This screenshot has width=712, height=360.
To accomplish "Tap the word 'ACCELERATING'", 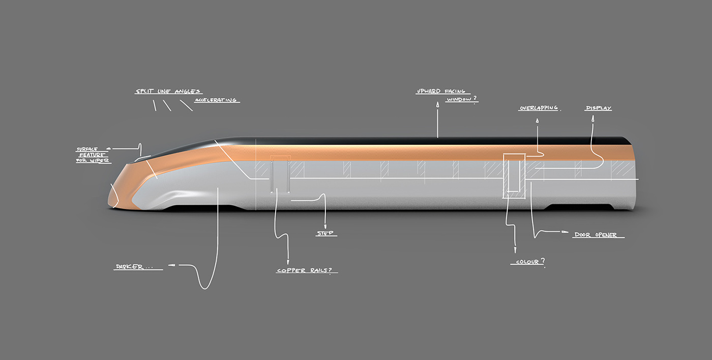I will (216, 100).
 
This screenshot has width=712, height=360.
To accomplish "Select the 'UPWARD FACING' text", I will (440, 92).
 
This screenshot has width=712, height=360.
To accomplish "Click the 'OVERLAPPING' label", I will (539, 108).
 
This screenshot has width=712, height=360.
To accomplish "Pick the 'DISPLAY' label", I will (599, 108).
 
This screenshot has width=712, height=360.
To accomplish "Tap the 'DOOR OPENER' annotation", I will (596, 235).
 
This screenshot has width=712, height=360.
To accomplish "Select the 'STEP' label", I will (325, 233).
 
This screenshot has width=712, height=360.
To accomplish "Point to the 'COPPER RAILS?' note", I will (307, 271).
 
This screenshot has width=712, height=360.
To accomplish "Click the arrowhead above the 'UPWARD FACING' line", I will (437, 104).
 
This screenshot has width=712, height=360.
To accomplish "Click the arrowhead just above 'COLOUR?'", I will (515, 250).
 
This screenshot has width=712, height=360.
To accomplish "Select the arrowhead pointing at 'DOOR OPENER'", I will (565, 232).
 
